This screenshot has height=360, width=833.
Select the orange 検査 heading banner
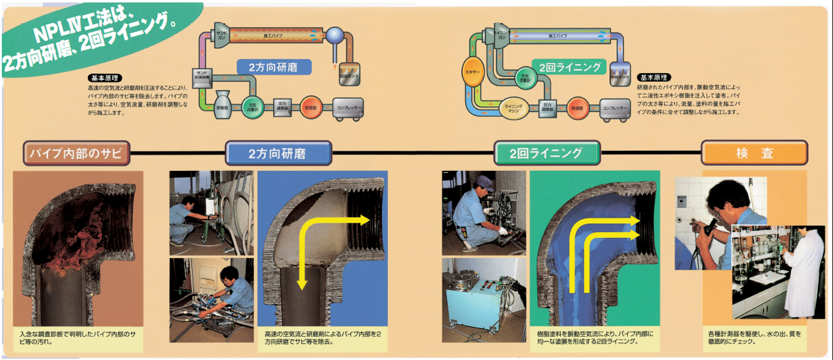point(754,153)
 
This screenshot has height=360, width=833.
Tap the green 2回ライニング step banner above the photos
point(547,153)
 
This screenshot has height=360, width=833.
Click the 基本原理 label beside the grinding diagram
point(105,78)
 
